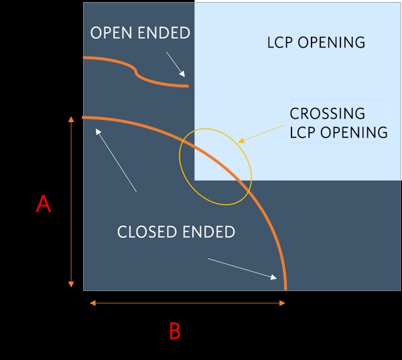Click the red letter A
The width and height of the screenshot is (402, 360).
pos(43,203)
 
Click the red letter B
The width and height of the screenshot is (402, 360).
pos(174,331)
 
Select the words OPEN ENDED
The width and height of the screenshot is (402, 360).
pos(140,33)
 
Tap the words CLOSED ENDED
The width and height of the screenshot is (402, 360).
pos(176,232)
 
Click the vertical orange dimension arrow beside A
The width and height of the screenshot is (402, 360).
pos(70,201)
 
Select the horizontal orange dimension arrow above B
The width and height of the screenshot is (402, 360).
pos(188,303)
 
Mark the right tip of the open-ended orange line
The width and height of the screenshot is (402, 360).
pos(187,86)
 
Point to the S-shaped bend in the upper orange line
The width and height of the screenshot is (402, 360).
pos(135,70)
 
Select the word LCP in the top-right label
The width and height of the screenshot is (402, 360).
pos(281,43)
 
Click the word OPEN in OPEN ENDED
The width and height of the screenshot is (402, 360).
pos(111,33)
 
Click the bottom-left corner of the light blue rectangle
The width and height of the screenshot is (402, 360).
pos(195,180)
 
